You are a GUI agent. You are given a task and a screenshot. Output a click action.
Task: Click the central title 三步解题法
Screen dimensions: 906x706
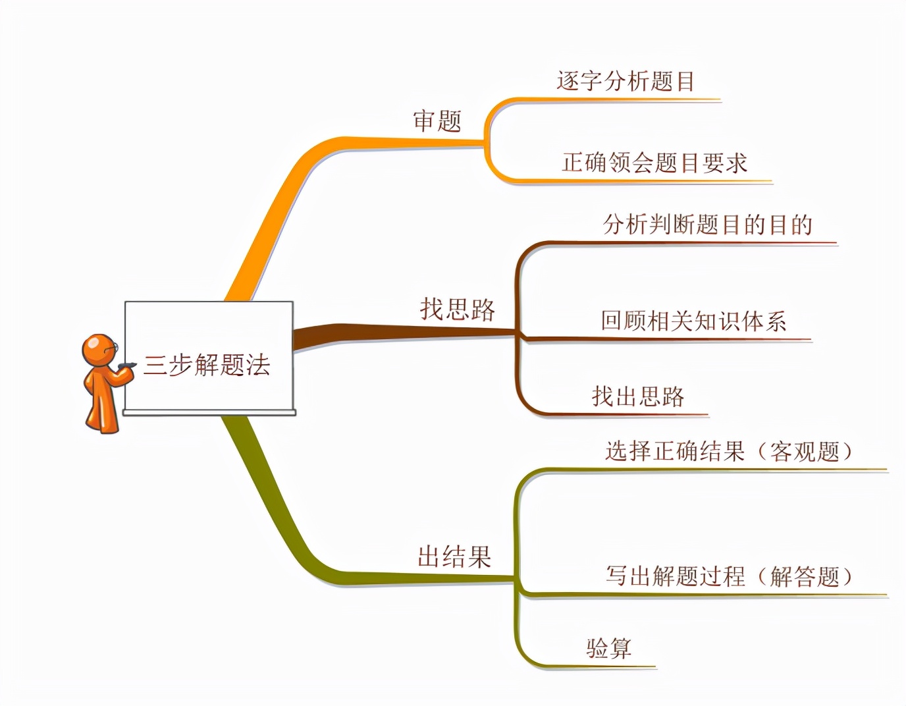[x=206, y=365]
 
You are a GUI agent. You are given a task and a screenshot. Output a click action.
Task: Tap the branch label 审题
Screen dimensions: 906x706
[x=437, y=121]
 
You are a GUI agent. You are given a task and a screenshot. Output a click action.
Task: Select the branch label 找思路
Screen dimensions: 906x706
[x=458, y=309]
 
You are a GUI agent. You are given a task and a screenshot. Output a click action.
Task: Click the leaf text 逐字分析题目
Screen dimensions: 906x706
[x=626, y=81]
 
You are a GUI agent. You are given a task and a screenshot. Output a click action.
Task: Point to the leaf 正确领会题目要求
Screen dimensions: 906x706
[x=654, y=162]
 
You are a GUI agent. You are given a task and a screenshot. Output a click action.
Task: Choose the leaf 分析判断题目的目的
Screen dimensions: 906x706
[x=708, y=225]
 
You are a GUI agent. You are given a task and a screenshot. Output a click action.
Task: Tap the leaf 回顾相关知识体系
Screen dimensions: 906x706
[x=693, y=321]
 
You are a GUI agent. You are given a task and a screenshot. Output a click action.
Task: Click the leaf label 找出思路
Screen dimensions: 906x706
[x=638, y=396]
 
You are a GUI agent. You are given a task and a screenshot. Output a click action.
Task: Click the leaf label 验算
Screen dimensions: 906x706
[x=609, y=647]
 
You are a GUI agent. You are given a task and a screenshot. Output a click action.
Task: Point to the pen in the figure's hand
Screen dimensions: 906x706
[x=127, y=366]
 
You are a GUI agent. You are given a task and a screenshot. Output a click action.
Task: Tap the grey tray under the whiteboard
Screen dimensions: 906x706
[x=209, y=412]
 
